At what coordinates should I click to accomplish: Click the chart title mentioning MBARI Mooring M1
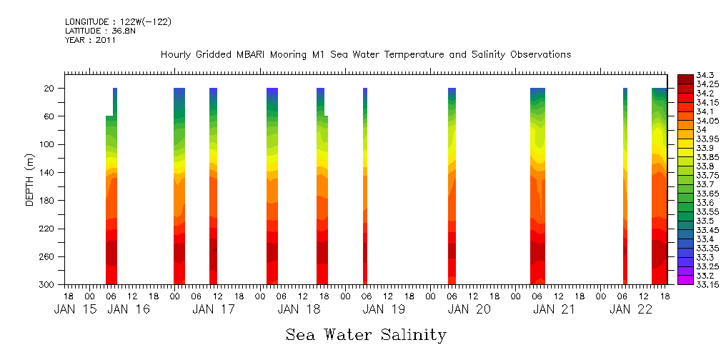click(x=366, y=55)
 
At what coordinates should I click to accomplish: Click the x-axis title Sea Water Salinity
click(x=366, y=334)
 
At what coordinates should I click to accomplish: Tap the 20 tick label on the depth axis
click(x=50, y=89)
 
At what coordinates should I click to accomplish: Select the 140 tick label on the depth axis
click(x=48, y=173)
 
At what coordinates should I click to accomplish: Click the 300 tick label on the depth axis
click(x=48, y=285)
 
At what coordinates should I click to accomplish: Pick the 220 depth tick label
click(x=48, y=229)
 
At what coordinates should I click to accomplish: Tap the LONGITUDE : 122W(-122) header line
click(x=118, y=22)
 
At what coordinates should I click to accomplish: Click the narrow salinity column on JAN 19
click(x=365, y=186)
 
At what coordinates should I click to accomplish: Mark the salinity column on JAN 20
click(x=452, y=186)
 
